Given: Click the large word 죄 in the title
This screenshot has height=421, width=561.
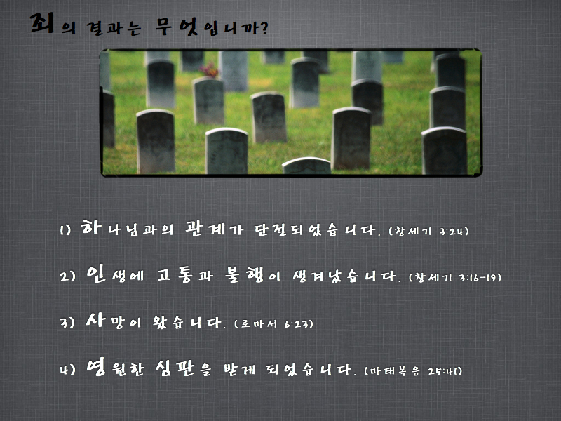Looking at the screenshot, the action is [42, 23].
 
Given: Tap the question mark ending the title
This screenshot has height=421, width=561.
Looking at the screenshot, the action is [265, 28].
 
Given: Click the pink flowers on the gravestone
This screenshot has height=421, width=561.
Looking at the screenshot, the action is [209, 69].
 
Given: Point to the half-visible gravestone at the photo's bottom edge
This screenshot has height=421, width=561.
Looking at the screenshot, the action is [306, 166].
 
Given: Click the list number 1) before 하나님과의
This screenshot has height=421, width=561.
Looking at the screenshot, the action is [65, 230].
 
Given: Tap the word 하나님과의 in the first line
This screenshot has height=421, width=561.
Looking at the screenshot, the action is [127, 228].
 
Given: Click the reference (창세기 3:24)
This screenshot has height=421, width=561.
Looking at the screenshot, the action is [428, 231].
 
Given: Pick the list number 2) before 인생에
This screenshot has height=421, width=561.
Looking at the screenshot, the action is [67, 276].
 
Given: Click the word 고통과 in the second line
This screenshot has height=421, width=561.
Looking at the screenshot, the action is [185, 275].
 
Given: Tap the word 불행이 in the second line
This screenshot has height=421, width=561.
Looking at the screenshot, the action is [252, 274].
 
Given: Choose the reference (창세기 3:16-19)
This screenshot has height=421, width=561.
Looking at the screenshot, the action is [454, 277].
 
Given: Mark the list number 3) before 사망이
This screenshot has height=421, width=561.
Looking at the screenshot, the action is [67, 322].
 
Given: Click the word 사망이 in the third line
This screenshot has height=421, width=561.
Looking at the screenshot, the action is [114, 321].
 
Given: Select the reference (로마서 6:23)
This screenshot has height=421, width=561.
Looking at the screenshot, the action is [273, 323].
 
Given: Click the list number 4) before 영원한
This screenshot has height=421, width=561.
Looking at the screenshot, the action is [67, 369].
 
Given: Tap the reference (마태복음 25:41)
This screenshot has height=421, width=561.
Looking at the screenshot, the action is [413, 370].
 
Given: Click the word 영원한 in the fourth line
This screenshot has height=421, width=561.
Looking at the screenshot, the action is [115, 368].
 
